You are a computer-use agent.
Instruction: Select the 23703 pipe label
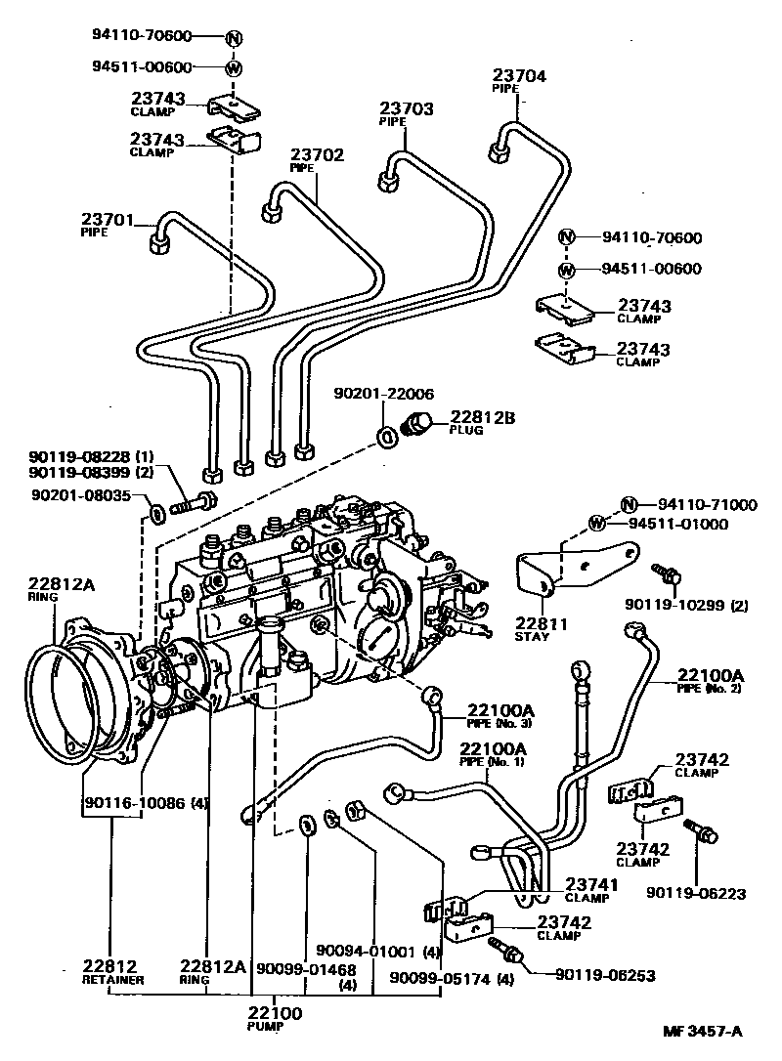pos(406,110)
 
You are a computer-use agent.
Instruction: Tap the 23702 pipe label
pos(316,155)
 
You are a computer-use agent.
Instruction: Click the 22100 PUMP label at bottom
pos(274,1014)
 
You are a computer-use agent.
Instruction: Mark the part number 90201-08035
pos(80,496)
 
